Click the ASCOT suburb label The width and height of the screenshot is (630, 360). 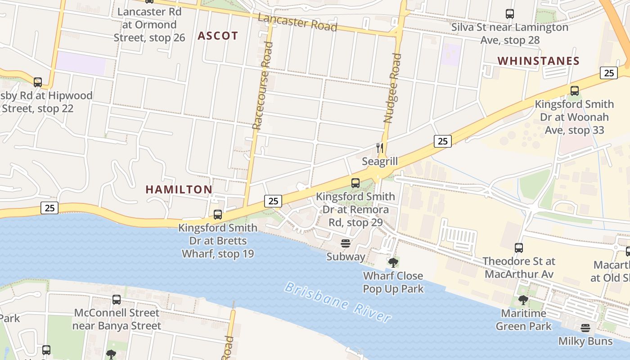coord(218,36)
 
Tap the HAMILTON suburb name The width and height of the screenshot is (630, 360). coord(179,189)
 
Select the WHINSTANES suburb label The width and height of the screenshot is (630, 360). coord(538,61)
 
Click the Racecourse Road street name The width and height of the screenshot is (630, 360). coord(263,85)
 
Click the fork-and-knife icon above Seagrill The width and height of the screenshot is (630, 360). coord(380,148)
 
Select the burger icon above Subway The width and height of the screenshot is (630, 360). coord(346,243)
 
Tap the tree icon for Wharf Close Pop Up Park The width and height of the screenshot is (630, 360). coord(393,262)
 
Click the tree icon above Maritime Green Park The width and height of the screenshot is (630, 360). coord(523,300)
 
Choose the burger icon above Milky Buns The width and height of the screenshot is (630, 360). coord(585,328)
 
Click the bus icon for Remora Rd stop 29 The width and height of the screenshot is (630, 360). coord(355,183)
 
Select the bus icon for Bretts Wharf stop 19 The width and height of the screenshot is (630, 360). coord(218,214)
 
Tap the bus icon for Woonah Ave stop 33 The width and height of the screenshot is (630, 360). coord(575,91)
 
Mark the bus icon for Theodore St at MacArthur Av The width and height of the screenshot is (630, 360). coord(519,247)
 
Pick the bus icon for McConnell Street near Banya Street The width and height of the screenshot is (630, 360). coord(117,299)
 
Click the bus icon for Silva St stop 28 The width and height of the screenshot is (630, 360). coord(509,14)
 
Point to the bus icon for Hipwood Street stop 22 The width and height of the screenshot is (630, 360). coord(38,82)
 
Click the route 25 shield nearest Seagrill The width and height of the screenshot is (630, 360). coord(443,141)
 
